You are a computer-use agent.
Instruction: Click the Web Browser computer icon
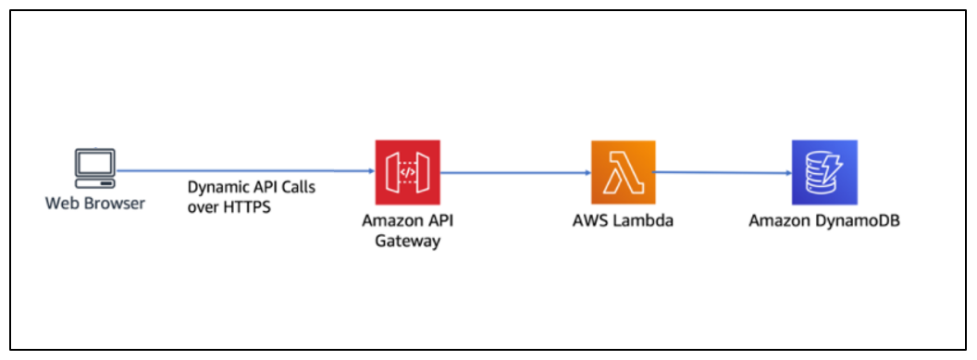(94, 168)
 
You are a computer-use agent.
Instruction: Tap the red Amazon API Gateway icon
(407, 172)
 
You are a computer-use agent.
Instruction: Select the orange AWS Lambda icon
(623, 172)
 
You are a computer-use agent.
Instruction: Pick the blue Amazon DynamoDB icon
(824, 172)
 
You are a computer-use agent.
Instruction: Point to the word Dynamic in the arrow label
(216, 188)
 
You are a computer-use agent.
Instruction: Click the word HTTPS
(249, 207)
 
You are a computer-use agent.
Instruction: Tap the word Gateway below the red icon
(407, 241)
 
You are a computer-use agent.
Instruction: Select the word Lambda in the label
(643, 221)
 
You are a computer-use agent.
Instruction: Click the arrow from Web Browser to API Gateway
(245, 170)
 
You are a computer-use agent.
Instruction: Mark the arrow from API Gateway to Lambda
(516, 172)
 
